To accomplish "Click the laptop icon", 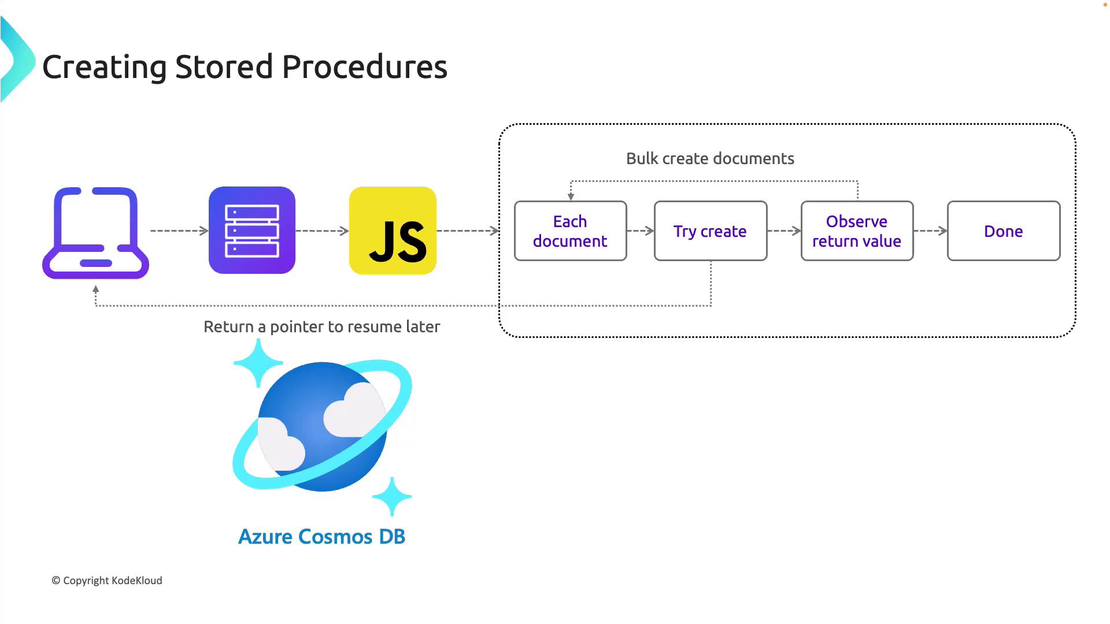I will coord(96,233).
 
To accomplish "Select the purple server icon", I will coord(252,230).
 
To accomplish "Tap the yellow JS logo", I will coord(393,231).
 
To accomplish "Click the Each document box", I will coord(570,231).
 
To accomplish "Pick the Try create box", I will coord(710,231).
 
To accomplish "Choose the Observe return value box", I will coord(857,231).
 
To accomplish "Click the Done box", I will coord(1003,231).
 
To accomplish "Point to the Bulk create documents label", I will coord(710,158).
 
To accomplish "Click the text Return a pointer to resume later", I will coord(322,327).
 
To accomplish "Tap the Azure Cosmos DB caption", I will coord(322,537).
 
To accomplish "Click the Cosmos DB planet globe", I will coord(322,426).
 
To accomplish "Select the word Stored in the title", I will coord(224,67).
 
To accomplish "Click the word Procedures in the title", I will coord(364,67).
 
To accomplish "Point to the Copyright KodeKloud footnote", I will coord(107,581).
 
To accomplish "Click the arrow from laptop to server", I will coord(179,231).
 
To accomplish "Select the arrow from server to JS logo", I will coord(322,231).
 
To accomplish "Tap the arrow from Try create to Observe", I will coord(784,231).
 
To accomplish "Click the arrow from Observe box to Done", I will coord(930,231).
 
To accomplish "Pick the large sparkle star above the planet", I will coord(258,363).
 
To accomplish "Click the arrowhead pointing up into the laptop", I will coord(96,288).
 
